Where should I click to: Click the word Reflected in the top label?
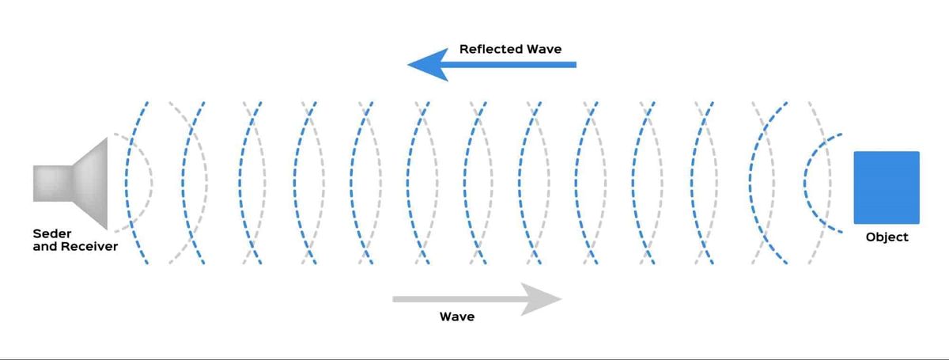coord(491,49)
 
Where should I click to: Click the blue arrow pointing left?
coord(491,65)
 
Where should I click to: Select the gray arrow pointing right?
coord(478,299)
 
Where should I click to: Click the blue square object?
coord(887,188)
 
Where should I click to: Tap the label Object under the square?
coord(887,237)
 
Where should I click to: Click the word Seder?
coord(52,233)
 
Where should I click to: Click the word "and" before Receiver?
coord(45,246)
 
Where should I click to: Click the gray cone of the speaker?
coord(90,184)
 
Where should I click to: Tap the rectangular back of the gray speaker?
coord(52,184)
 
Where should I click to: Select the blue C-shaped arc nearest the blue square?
coord(805,184)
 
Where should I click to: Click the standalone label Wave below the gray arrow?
coord(457,316)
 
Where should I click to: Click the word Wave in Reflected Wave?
coord(544,49)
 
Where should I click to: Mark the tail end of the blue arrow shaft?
coord(577,65)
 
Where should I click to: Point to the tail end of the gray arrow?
coord(393,299)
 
